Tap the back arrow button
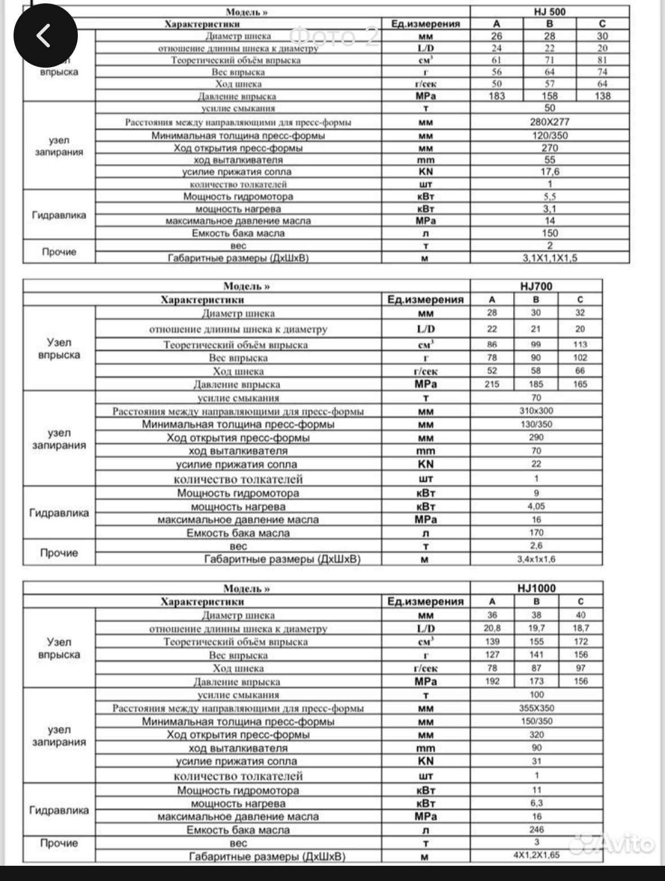[x=45, y=36]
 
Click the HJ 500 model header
[x=549, y=12]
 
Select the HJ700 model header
[x=536, y=286]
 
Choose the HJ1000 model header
[x=536, y=588]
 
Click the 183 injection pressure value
[x=496, y=96]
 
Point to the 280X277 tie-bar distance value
[x=549, y=122]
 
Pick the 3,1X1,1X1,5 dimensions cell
[x=549, y=258]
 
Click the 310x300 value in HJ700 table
[x=536, y=411]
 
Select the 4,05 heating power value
[x=536, y=506]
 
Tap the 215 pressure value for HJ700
[x=492, y=384]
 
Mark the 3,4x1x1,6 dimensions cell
[x=536, y=560]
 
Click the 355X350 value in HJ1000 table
[x=536, y=708]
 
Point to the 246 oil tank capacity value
[x=536, y=830]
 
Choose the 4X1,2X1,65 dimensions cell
[x=536, y=855]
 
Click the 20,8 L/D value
[x=492, y=628]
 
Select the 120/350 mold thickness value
[x=549, y=135]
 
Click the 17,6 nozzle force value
[x=549, y=172]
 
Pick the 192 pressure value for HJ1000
[x=492, y=681]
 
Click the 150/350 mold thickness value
[x=536, y=721]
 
